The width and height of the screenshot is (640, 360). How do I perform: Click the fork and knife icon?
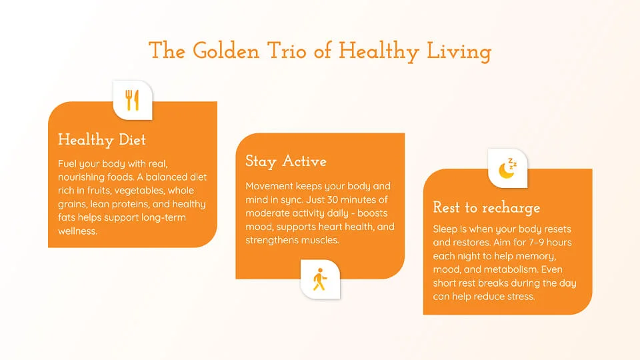(132, 100)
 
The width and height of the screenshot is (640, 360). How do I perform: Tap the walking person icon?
(319, 279)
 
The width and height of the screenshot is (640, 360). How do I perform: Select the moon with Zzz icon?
(507, 168)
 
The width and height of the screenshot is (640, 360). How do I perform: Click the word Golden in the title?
(226, 51)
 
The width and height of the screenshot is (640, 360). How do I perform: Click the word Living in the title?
(459, 52)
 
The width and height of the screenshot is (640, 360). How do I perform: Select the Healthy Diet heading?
(101, 140)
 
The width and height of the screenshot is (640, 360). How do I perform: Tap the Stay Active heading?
(286, 161)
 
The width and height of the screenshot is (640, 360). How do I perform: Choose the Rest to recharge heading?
(487, 208)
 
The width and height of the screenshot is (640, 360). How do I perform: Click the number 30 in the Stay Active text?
(333, 199)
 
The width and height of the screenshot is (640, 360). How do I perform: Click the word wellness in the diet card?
(77, 231)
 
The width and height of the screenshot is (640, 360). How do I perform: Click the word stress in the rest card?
(521, 296)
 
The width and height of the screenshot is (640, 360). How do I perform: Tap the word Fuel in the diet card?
(67, 164)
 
